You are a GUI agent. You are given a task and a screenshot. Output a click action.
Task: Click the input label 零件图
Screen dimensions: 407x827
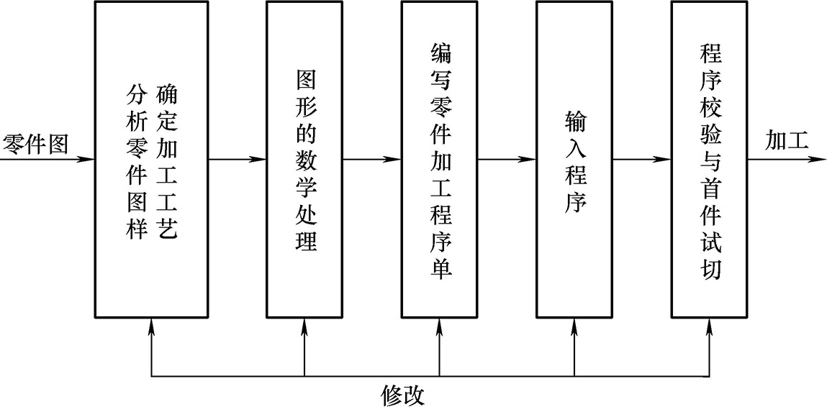35,143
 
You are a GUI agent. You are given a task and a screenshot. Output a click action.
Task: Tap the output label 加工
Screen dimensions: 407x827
787,141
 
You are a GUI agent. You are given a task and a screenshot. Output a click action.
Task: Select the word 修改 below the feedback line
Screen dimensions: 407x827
403,394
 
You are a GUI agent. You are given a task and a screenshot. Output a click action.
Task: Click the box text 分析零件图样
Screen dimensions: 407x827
135,162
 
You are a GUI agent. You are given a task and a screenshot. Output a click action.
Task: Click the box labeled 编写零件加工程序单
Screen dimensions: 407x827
438,159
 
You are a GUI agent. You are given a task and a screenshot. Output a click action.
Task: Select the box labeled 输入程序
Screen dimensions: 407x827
574,159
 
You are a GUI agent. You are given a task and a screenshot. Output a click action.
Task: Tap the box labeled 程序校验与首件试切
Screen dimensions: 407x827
709,159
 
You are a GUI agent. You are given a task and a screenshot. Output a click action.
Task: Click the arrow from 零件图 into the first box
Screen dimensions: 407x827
48,158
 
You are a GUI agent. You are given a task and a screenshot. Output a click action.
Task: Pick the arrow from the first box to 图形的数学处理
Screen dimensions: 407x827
238,158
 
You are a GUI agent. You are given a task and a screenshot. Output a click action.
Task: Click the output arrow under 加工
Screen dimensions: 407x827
785,158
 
